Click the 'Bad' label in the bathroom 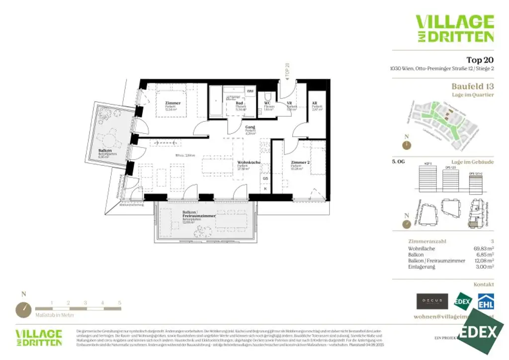(239, 103)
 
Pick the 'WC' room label (267, 103)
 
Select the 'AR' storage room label (315, 103)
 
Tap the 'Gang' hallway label (250, 127)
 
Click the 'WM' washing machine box (250, 91)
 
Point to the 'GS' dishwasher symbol (265, 178)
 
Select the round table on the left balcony (108, 137)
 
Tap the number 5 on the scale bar (119, 302)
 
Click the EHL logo (486, 302)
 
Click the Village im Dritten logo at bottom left (39, 337)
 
